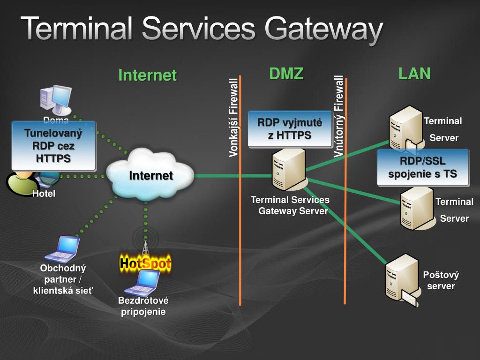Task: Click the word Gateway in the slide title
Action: click(324, 29)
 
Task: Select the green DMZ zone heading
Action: click(286, 74)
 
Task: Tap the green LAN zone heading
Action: click(414, 74)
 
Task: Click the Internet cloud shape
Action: click(150, 175)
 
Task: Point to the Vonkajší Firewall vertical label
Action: click(233, 118)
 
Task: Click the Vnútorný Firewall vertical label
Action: click(339, 116)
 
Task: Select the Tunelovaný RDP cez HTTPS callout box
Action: click(54, 146)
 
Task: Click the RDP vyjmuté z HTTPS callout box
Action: click(290, 129)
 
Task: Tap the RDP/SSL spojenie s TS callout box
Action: click(423, 167)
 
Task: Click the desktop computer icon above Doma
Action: click(56, 99)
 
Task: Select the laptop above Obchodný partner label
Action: click(63, 249)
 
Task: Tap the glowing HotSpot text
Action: click(145, 263)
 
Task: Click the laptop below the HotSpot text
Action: click(142, 283)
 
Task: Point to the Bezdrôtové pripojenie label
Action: click(143, 306)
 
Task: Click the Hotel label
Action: click(44, 194)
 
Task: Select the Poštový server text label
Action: click(441, 280)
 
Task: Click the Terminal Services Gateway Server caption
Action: click(290, 205)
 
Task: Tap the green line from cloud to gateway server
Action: click(233, 176)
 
